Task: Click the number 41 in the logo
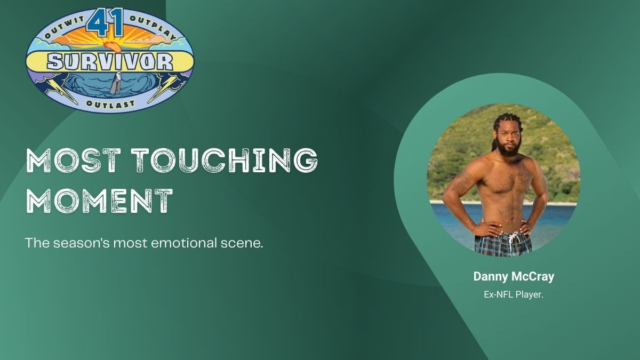pyautogui.click(x=105, y=22)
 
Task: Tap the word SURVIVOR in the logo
pyautogui.click(x=110, y=62)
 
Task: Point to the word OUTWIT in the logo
pyautogui.click(x=65, y=27)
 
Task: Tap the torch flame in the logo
pyautogui.click(x=113, y=46)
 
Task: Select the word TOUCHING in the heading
pyautogui.click(x=226, y=161)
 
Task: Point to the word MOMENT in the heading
pyautogui.click(x=100, y=201)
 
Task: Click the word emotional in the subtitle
pyautogui.click(x=183, y=243)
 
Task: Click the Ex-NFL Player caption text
pyautogui.click(x=514, y=294)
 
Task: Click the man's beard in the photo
pyautogui.click(x=509, y=148)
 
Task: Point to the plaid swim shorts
pyautogui.click(x=503, y=245)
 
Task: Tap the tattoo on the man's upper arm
pyautogui.click(x=462, y=182)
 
